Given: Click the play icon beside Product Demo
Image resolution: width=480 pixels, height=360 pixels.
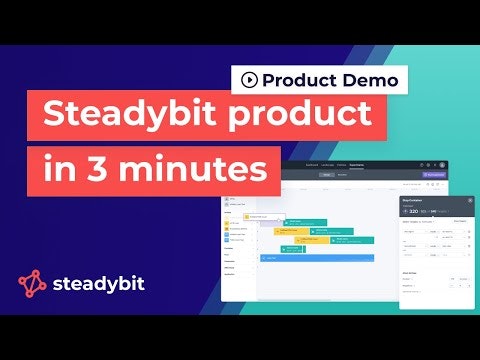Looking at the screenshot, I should click(246, 79).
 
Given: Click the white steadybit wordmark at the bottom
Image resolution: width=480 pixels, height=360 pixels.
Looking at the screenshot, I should click(99, 284).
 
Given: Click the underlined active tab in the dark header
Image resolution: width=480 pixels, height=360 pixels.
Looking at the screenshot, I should click(356, 165).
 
